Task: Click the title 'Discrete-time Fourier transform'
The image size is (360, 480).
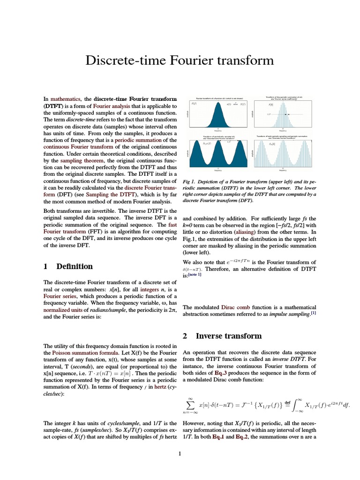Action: coord(180,60)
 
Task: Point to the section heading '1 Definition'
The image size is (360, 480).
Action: coord(68,266)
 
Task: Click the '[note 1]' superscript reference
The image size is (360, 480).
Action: coord(195,275)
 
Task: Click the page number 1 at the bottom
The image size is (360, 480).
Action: coord(180,453)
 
